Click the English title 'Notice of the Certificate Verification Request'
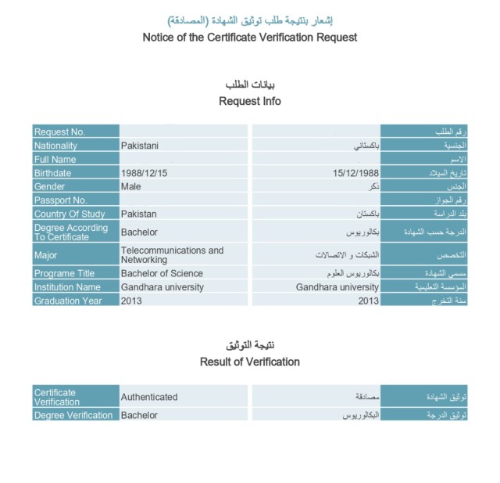click(249, 37)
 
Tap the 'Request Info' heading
click(249, 101)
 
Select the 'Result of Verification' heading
click(249, 362)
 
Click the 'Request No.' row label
click(59, 132)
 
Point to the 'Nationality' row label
click(55, 145)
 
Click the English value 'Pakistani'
click(140, 145)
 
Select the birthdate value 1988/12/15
click(145, 173)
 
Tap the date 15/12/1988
click(355, 173)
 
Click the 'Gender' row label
click(49, 186)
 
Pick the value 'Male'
click(130, 186)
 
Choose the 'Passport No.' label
click(60, 200)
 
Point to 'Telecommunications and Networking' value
click(172, 254)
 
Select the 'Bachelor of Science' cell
click(162, 273)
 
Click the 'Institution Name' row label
click(67, 287)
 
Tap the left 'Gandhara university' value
click(162, 287)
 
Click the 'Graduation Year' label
click(67, 301)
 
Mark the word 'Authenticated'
click(148, 397)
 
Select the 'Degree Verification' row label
click(73, 415)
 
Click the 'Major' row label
click(45, 254)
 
